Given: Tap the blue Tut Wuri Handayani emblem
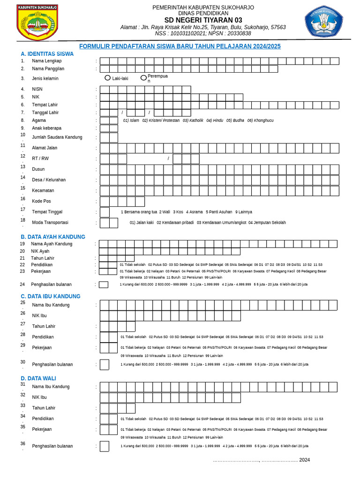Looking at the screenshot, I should tap(324, 22).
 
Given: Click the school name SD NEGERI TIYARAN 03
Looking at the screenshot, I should tap(203, 20).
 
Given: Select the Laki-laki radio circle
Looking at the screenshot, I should tap(108, 78).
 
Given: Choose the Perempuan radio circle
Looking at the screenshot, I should tap(143, 78).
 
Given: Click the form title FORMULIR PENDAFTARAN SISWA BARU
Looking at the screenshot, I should tap(180, 46).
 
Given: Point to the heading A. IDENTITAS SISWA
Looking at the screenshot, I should tap(47, 54).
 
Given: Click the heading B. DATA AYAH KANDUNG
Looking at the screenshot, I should tap(52, 237).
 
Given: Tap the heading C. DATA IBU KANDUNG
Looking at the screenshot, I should tap(50, 296).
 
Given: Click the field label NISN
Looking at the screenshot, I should tap(37, 89).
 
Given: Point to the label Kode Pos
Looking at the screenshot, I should tap(41, 201).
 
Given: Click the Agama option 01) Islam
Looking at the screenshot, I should tap(131, 120).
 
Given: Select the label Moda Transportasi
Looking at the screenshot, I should tap(50, 222).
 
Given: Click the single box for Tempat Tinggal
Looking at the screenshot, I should tap(105, 212).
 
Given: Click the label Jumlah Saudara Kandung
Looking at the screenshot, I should tap(57, 137).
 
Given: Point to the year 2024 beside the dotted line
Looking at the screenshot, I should tap(305, 460).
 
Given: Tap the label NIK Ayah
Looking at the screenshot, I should tap(40, 251).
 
